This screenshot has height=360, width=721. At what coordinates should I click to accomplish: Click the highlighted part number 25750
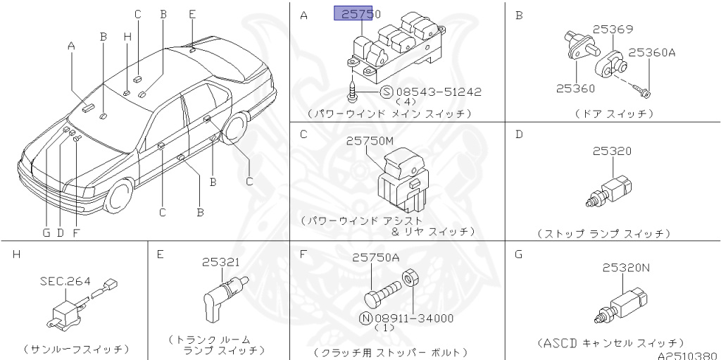pos(360,13)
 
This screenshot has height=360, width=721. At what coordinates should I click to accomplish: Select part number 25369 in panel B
pos(612,30)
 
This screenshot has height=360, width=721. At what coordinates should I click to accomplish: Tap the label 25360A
pos(651,52)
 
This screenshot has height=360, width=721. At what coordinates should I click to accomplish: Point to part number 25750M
pos(372,142)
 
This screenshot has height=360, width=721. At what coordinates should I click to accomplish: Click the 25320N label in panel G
pos(626,267)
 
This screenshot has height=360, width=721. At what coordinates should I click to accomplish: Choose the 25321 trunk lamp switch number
pos(221,261)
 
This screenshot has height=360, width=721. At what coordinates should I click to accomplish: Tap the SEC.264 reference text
pos(65,281)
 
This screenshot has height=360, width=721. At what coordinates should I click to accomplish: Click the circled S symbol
pos(386,92)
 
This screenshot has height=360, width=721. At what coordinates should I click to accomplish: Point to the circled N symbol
pos(365,318)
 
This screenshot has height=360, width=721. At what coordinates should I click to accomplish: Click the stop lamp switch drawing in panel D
pos(609,191)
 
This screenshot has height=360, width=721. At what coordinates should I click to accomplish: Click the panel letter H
pos(15,254)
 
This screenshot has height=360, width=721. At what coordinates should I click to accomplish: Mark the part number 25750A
pos(375,259)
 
